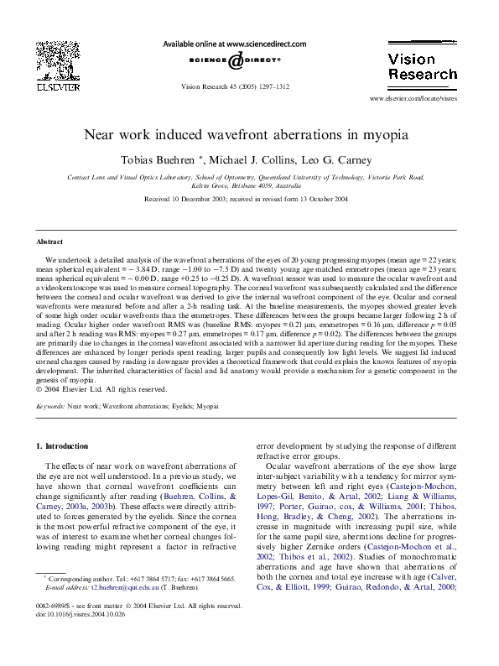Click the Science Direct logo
[x=233, y=60]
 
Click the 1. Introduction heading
[x=65, y=445]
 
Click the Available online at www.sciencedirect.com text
[x=234, y=44]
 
